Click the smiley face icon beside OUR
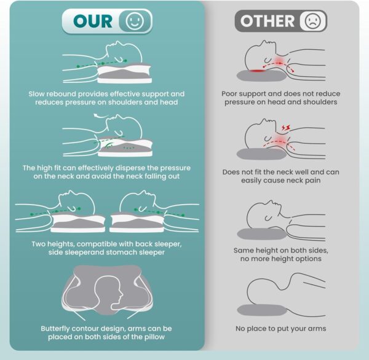point(135,21)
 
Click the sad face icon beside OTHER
point(313,21)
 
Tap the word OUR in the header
point(93,21)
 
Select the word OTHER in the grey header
point(268,21)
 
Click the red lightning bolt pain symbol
point(286,128)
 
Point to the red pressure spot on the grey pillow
point(257,71)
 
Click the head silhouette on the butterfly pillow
point(109,293)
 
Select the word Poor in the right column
point(229,94)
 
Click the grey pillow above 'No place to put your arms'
point(262,310)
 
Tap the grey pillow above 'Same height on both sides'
point(262,233)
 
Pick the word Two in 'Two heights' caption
point(38,244)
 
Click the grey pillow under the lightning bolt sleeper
point(262,154)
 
